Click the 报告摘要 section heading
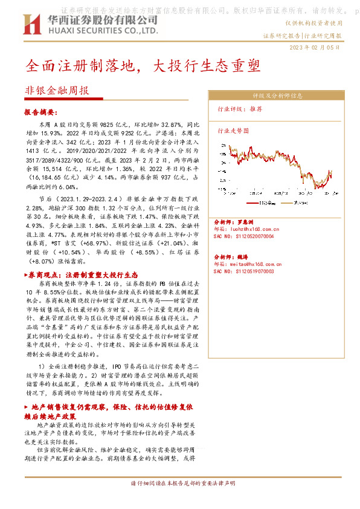(41, 112)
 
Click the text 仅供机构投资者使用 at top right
(313, 22)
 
